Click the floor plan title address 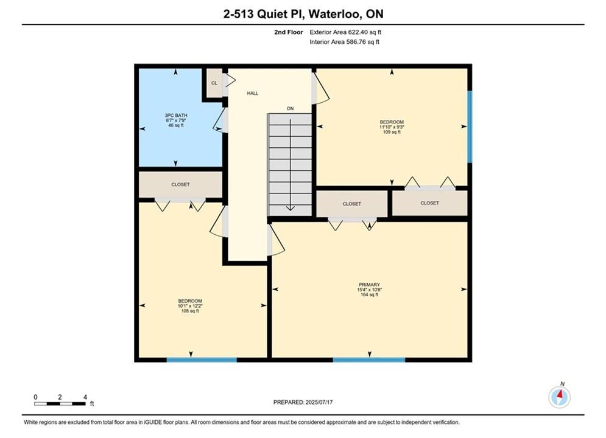pos(303,14)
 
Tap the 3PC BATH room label pos(176,120)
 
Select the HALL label pos(253,93)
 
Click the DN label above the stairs pos(291,108)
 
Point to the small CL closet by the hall pos(214,83)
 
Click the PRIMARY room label pos(370,290)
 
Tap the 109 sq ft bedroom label pos(392,127)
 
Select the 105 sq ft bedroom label pos(190,305)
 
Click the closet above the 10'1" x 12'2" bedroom pos(180,184)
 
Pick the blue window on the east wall pos(470,127)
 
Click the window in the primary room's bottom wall pos(369,360)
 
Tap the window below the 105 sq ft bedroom pos(202,360)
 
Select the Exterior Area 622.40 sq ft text pos(345,32)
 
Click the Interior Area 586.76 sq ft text pos(344,42)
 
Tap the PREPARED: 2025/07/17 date pos(303,402)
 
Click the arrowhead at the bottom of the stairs pos(291,209)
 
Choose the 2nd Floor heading pos(289,32)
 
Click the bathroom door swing pos(220,120)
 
